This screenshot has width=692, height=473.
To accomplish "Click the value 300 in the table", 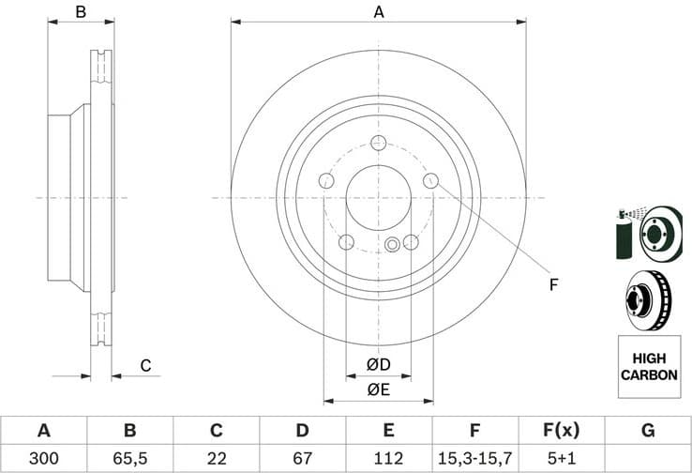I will tap(43, 458).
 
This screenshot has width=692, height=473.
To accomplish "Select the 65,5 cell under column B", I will tap(129, 458).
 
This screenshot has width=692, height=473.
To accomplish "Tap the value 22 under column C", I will tap(216, 458).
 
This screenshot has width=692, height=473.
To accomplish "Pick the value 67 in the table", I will tap(302, 458).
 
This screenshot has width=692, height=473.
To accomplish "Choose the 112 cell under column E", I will tap(388, 458).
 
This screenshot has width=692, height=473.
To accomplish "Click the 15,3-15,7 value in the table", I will tap(474, 458).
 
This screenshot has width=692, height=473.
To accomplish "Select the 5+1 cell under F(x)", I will tap(561, 458).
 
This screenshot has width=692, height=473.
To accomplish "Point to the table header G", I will tap(647, 431).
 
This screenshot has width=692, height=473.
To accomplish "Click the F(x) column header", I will tap(561, 431).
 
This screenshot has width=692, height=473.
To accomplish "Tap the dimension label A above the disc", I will tap(379, 12).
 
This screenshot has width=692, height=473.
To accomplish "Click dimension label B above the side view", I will tap(81, 12).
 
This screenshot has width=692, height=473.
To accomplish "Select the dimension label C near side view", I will tap(145, 365).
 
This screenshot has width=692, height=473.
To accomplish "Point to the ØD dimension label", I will tap(378, 364).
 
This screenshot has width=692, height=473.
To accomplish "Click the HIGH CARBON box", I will tap(648, 366).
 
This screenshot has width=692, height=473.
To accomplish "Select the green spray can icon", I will tap(624, 235).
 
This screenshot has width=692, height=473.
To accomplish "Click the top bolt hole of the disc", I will tap(378, 143).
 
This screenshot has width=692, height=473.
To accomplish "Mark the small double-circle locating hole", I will tap(392, 245).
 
